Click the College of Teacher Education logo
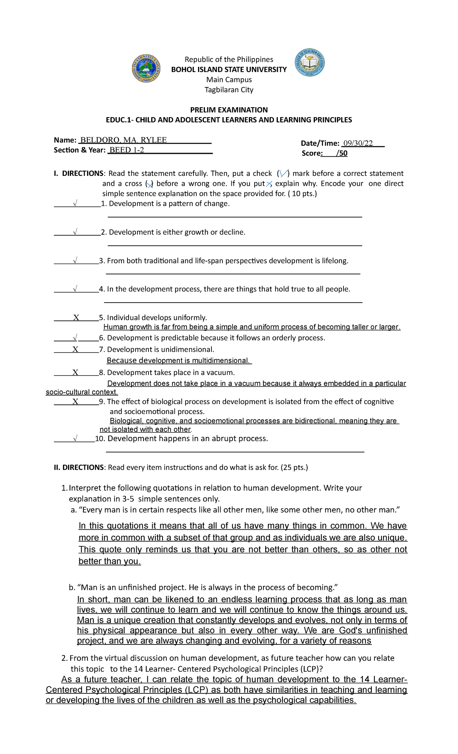310,63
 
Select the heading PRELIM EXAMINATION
229,110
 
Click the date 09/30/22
358,143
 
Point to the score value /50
342,153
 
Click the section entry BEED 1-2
127,150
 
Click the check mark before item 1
75,204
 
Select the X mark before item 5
76,318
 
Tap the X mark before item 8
75,373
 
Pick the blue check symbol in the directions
284,174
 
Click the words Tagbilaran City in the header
229,90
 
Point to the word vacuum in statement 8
221,372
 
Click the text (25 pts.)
294,467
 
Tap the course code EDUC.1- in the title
118,120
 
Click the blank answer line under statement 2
235,246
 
